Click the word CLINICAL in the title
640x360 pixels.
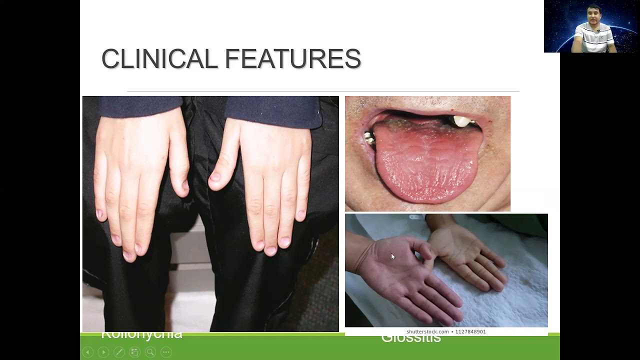click(159, 59)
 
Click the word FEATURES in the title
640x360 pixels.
click(292, 59)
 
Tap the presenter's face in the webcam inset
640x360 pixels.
click(594, 17)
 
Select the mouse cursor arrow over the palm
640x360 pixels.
click(392, 256)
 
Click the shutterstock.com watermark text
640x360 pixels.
click(427, 331)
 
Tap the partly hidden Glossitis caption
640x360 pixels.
click(411, 338)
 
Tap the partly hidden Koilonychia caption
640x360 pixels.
click(141, 334)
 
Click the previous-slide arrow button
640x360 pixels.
click(87, 352)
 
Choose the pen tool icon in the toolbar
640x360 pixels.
click(119, 352)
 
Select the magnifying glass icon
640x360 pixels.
click(150, 352)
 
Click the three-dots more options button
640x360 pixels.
click(166, 352)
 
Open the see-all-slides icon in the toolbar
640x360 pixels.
click(135, 352)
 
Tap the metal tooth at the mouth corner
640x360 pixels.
click(370, 138)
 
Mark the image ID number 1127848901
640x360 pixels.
click(470, 331)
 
